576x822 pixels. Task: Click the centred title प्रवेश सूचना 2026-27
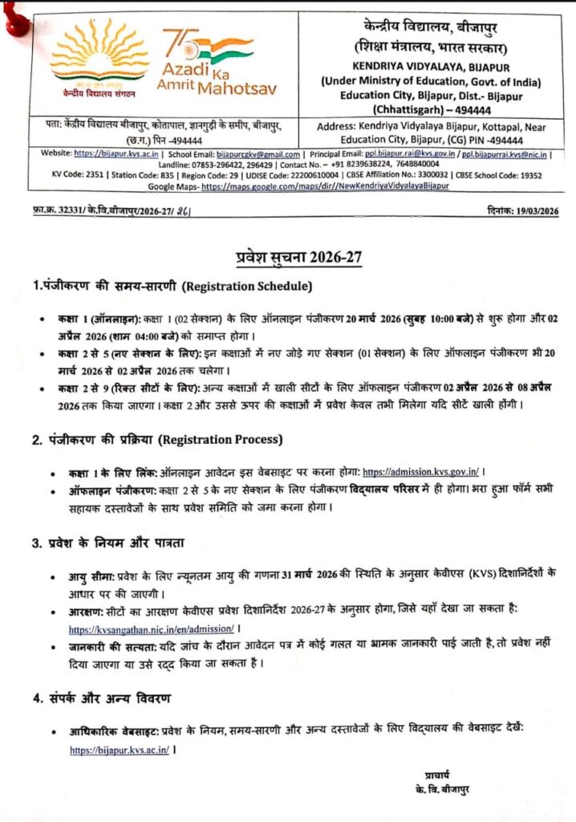[x=288, y=257]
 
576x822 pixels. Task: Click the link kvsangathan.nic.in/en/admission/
[x=152, y=629]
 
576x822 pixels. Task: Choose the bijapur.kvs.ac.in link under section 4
[x=119, y=750]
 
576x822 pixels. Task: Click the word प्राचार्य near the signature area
[x=440, y=774]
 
